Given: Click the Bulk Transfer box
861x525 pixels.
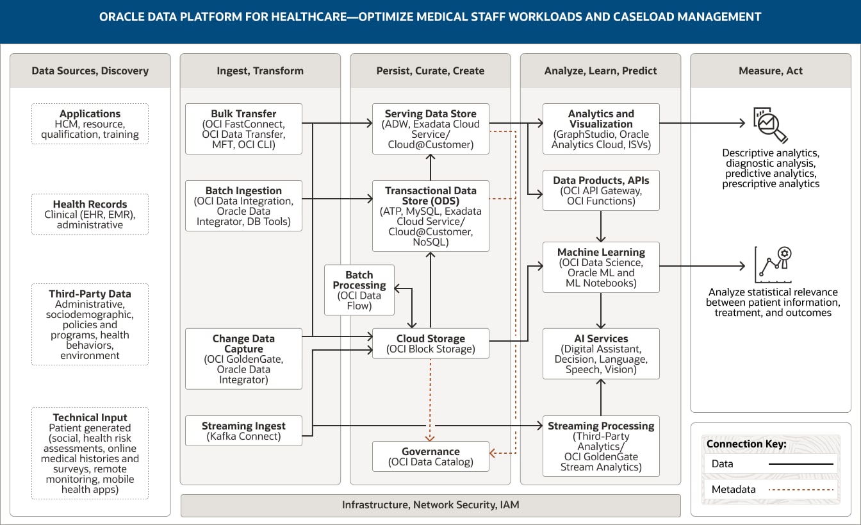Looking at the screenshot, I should coord(243,129).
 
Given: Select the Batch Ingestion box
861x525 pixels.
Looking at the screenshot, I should coord(243,206).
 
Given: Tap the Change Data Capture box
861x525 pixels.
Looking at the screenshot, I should coord(243,359).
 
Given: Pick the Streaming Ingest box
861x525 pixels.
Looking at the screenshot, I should coord(243,431).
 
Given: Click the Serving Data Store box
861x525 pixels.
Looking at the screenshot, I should coord(430,129).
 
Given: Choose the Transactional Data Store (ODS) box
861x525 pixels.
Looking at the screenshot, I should coord(430,216).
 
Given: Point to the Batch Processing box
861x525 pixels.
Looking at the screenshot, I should coord(359,290).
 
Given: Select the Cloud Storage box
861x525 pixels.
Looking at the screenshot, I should coord(430,344).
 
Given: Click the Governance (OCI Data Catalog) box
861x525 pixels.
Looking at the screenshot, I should coord(430,456).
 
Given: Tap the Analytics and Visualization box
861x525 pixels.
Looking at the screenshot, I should coord(601,129).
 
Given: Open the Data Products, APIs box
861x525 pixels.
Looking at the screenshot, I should coord(601,190).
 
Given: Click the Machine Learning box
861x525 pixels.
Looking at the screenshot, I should coord(601,267).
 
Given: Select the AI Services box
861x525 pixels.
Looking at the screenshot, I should coord(601,354).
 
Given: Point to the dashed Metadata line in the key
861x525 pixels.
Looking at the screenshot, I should coord(801,490).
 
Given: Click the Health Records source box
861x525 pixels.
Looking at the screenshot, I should coord(90,214).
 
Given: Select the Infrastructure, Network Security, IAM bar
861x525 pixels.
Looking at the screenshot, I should coord(430,505).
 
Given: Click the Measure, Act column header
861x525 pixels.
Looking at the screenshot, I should coord(771,71).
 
